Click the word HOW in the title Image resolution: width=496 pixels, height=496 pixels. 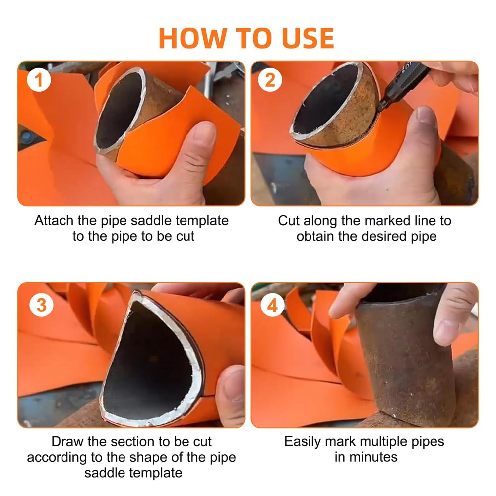pos(192,38)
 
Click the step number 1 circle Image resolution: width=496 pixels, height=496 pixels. pos(39,80)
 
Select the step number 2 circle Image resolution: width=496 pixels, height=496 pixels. pos(270,80)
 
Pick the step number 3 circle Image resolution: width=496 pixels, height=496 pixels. pos(41,305)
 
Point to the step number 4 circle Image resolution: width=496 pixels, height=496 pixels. pos(272,305)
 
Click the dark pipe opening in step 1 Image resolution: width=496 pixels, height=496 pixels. pos(119,111)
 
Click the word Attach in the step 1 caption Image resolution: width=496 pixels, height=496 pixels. pos(54,221)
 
